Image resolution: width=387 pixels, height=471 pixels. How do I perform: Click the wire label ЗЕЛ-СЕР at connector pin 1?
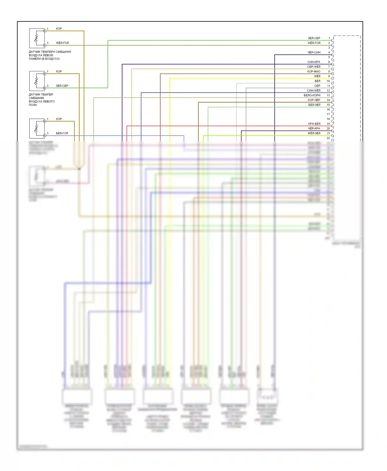pos(314,38)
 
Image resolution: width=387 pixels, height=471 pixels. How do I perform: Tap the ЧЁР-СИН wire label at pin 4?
pos(314,53)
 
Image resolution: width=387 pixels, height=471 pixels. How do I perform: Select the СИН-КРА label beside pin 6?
pos(314,62)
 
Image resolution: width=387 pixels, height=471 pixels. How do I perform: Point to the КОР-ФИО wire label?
pos(314,72)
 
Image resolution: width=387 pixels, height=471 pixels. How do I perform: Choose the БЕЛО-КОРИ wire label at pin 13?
pos(312,95)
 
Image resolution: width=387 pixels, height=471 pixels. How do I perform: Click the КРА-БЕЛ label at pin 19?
pos(314,124)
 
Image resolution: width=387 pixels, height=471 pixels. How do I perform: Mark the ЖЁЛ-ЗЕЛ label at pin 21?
pos(314,133)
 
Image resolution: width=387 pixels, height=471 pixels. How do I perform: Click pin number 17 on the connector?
pos(328,114)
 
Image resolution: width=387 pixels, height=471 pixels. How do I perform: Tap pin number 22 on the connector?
pos(328,138)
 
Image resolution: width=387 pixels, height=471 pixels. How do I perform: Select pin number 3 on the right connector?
pos(329,48)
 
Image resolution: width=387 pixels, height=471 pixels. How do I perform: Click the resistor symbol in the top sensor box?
pos(36,38)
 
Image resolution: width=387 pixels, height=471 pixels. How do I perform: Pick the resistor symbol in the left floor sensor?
pos(36,81)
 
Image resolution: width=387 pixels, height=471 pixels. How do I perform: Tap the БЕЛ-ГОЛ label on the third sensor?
pos(62,133)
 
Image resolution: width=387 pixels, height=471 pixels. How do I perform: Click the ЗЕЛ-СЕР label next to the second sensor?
pos(62,86)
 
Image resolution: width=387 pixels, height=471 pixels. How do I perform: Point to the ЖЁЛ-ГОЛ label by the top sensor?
pos(62,43)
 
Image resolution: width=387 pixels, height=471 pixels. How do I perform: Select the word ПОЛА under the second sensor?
pos(33,105)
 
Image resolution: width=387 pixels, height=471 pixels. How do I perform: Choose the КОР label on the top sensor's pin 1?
pos(59,29)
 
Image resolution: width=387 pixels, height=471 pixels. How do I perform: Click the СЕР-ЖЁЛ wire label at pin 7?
pos(314,67)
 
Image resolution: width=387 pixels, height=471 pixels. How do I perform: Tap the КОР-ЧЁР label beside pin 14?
pos(314,100)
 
